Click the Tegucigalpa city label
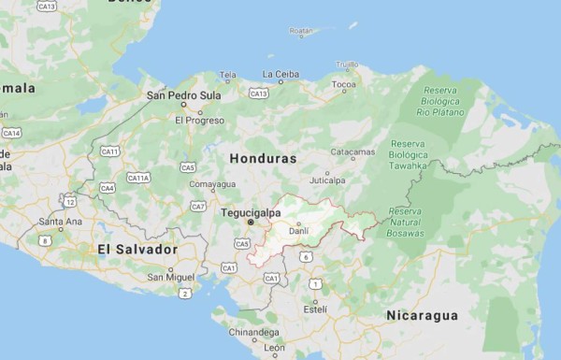coord(250,212)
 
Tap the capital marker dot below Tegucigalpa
coord(250,223)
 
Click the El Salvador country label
coord(137,250)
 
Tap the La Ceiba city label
coord(280,74)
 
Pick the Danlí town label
coord(298,231)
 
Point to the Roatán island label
coord(301,32)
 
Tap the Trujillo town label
coord(347,64)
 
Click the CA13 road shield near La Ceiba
coord(259,94)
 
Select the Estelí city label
coord(315,308)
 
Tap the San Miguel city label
coord(170,277)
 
